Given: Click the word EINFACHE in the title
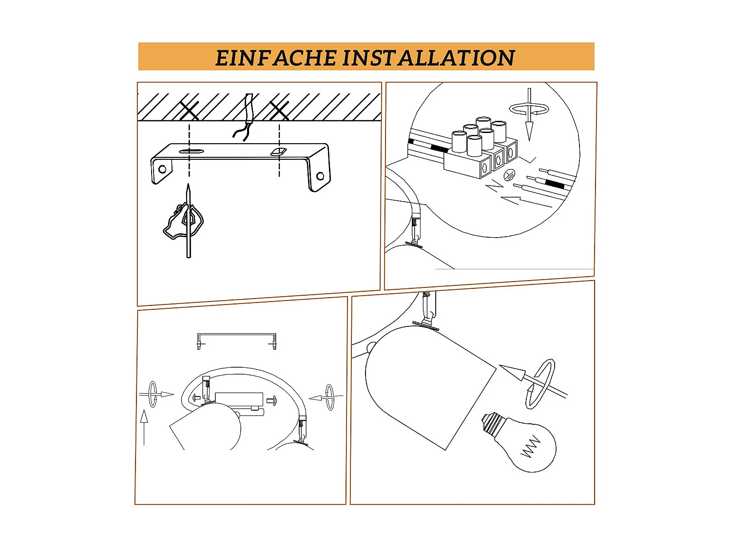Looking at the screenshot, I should tap(276, 58).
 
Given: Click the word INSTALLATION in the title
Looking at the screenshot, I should tap(428, 58).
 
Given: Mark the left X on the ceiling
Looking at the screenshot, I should tap(189, 111).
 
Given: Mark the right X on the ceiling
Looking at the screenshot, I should tap(279, 111).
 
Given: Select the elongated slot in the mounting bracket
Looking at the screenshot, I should tap(191, 151).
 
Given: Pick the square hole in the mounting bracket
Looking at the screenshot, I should tap(278, 152).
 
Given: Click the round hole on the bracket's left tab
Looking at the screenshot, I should tap(162, 169).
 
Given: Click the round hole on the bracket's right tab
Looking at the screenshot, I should tap(320, 176).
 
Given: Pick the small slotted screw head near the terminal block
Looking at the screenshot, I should tap(509, 174).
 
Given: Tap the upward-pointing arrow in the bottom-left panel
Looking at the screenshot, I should tap(144, 426).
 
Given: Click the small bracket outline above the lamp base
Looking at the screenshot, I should tap(236, 340).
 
